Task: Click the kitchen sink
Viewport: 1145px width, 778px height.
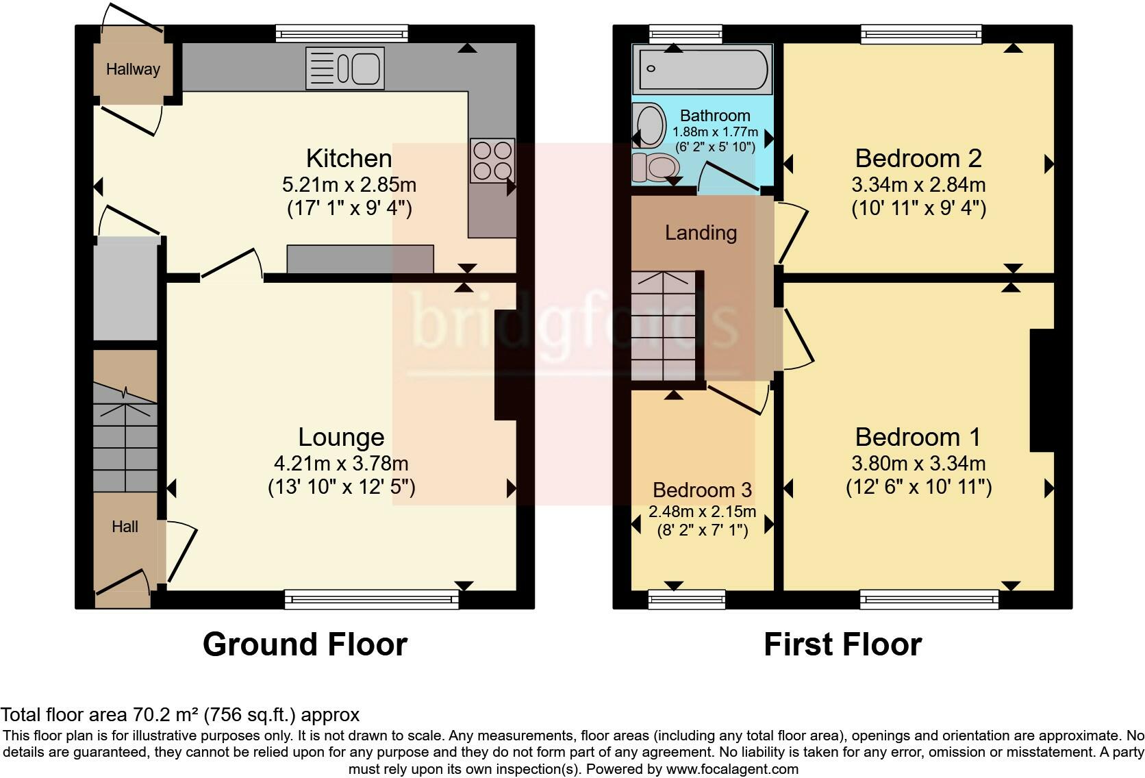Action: click(345, 68)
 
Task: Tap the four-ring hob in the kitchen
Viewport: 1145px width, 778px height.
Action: click(492, 160)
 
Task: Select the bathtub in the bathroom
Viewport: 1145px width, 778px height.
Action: click(703, 69)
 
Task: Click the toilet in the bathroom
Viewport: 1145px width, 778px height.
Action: click(655, 167)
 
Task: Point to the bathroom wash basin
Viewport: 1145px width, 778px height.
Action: click(649, 125)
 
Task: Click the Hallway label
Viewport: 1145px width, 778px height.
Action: click(133, 69)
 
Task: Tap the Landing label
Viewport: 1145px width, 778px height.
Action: click(701, 233)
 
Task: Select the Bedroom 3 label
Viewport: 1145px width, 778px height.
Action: click(702, 490)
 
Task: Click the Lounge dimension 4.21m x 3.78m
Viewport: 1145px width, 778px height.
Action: click(341, 464)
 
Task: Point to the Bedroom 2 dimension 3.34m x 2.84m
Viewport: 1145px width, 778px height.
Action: click(918, 184)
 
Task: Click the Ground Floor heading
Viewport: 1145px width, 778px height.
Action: click(305, 644)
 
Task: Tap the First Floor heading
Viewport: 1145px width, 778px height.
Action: click(843, 644)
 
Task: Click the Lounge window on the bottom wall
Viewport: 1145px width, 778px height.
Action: click(372, 599)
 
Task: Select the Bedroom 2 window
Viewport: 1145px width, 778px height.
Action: click(921, 34)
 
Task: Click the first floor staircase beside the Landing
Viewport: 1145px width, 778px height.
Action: click(664, 326)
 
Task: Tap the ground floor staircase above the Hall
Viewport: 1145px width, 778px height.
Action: click(125, 438)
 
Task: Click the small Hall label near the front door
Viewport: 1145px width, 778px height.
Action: click(125, 527)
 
